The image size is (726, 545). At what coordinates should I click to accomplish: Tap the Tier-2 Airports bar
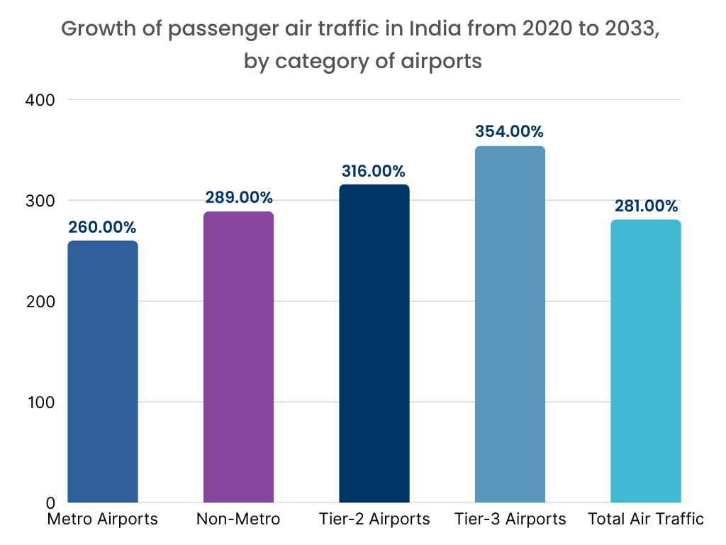coord(374,343)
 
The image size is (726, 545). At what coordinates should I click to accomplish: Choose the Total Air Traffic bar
coord(645,361)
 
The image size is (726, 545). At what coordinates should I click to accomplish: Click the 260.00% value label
coord(102,228)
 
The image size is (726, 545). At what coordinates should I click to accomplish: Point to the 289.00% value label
coord(238,198)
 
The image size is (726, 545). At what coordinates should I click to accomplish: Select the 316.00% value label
coord(374,171)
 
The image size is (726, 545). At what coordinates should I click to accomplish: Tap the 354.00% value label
coord(509,132)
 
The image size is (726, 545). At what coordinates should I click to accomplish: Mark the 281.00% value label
coord(644,207)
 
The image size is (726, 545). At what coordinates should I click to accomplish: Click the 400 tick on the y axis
coord(42,100)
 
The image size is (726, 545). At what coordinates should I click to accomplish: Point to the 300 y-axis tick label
coord(42,201)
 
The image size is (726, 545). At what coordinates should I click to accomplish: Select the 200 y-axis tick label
coord(42,302)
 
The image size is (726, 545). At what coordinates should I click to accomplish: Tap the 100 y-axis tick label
coord(42,402)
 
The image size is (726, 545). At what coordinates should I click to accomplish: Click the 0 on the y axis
coord(52,502)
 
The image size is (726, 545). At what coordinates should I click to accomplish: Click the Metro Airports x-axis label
coord(102,519)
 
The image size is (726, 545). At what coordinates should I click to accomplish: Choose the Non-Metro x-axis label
coord(238,519)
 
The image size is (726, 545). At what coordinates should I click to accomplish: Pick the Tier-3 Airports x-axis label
coord(510,519)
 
